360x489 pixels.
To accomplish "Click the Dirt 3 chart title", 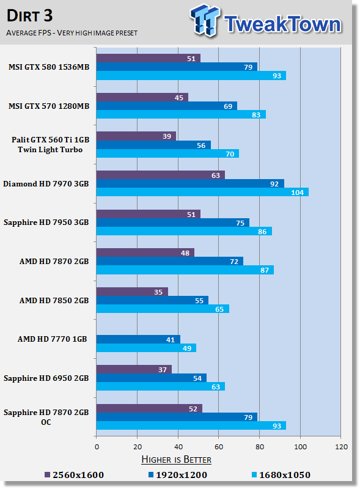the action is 29,16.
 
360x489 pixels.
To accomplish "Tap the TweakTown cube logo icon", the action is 205,20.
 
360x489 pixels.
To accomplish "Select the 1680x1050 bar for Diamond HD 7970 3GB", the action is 202,192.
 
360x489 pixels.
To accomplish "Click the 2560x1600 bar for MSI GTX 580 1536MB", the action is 149,58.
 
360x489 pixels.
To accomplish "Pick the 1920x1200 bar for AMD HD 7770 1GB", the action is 138,339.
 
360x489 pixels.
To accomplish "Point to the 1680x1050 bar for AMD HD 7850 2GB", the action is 163,309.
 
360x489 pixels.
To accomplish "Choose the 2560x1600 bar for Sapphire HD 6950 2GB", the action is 134,369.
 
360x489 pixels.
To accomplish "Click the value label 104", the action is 297,193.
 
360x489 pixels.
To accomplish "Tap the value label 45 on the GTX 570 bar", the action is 178,98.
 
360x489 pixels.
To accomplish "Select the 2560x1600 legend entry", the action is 74,475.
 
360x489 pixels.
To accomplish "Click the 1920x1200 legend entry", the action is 177,475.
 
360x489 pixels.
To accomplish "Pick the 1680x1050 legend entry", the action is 281,475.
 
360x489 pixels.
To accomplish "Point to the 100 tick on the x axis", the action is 301,447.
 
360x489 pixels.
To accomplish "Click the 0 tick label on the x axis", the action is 97,447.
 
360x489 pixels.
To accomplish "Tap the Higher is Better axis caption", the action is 176,460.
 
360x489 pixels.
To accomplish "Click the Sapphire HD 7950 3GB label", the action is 46,222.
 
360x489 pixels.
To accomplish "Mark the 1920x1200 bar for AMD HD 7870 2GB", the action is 170,262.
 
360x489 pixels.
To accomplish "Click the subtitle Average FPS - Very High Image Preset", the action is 72,33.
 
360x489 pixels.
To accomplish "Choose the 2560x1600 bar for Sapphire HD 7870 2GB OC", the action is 149,408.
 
